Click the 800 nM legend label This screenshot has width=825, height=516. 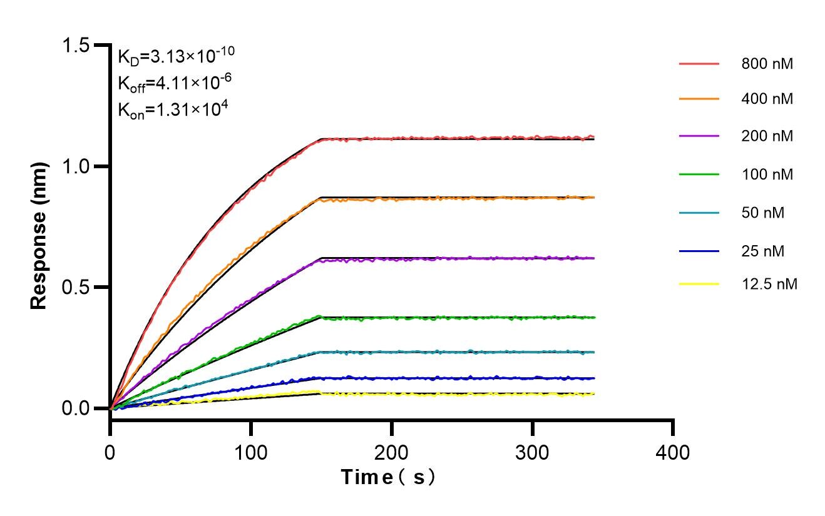(x=767, y=64)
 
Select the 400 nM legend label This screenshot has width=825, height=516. (x=767, y=99)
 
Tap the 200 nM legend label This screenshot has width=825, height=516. (x=767, y=136)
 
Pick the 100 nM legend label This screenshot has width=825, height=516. (x=767, y=175)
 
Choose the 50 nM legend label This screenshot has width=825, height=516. (x=762, y=213)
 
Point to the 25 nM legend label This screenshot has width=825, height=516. (x=762, y=251)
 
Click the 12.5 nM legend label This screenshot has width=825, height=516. (x=769, y=285)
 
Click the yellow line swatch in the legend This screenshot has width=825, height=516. (x=699, y=285)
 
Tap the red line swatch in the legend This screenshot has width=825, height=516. (x=699, y=64)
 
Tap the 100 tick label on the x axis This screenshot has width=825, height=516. (x=251, y=452)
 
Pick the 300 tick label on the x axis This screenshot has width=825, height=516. (x=532, y=452)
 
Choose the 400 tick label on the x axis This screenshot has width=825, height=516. (x=673, y=452)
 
